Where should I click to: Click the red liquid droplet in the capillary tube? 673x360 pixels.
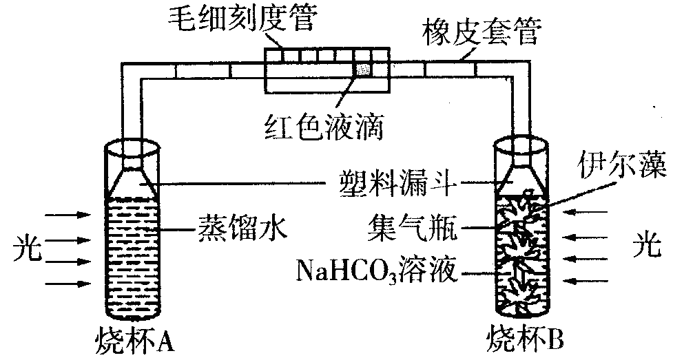(x=362, y=69)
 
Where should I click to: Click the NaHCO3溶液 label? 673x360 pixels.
(x=376, y=271)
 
